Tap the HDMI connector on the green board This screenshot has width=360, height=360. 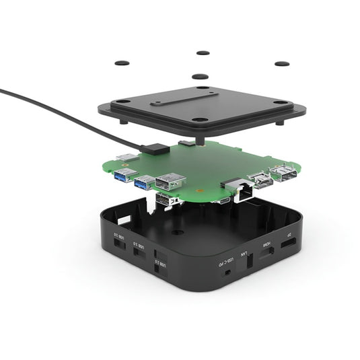[x=260, y=180]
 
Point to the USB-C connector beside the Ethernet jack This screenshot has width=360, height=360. [x=223, y=200]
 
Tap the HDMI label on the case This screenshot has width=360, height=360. [x=266, y=244]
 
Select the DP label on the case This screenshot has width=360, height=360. [x=289, y=236]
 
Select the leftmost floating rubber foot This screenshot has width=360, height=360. [x=122, y=63]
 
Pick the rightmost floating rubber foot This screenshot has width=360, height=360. [x=282, y=64]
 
